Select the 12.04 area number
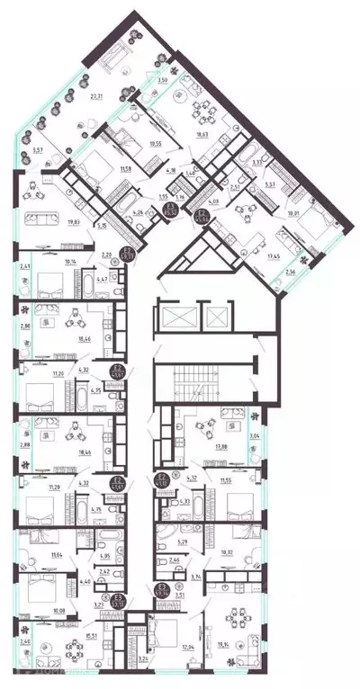pyautogui.click(x=162, y=646)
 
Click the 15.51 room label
pyautogui.click(x=67, y=638)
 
